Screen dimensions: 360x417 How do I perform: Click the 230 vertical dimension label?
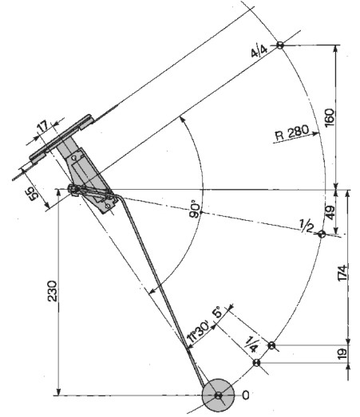tap(53, 291)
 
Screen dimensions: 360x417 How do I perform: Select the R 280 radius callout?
tap(292, 132)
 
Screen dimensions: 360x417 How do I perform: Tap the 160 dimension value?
tap(329, 117)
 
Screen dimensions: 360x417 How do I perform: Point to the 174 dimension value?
tap(342, 273)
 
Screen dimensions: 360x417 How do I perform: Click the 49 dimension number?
tap(330, 213)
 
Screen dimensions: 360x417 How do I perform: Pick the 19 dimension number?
tap(342, 353)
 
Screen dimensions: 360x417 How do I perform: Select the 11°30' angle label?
tap(199, 332)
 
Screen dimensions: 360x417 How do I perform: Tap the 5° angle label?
tap(218, 312)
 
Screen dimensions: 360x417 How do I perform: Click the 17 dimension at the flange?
tap(43, 126)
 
